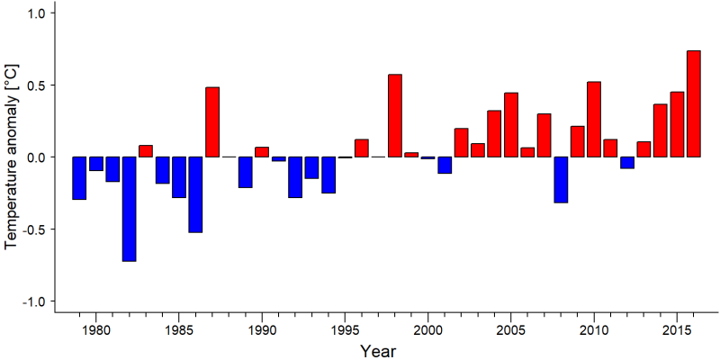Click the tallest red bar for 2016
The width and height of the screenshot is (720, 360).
coord(694,103)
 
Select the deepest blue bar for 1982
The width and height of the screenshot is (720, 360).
coord(129,209)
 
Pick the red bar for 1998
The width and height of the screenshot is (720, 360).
coord(395,116)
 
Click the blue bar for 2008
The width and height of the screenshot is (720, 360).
coord(561,179)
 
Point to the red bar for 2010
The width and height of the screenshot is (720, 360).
coord(594,120)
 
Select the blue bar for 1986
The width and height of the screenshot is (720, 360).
coord(195,194)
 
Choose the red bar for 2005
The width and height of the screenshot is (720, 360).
coord(511,125)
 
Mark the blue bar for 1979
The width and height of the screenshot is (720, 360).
coord(79,178)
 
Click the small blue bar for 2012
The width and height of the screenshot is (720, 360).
coord(627,163)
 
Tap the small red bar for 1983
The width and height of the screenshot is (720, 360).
coord(146,151)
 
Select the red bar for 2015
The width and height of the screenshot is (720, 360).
coord(678,124)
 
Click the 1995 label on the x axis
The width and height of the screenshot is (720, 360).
coord(345,330)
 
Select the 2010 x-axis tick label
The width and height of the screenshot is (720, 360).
coord(594,330)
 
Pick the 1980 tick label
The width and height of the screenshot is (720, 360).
coord(95,330)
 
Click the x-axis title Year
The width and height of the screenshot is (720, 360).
coord(377,351)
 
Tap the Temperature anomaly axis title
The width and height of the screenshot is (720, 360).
coord(12,157)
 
